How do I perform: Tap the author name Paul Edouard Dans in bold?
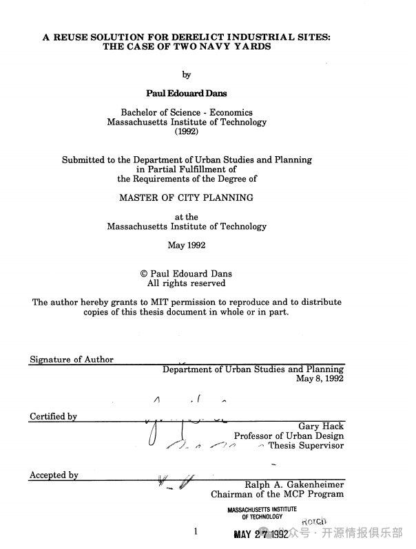(186, 93)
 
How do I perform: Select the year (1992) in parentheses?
(186, 132)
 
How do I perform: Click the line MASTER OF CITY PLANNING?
(186, 197)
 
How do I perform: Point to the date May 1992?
(186, 245)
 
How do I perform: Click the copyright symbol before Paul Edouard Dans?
(144, 274)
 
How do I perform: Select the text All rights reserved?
(186, 283)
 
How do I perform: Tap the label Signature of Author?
(72, 359)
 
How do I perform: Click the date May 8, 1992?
(320, 379)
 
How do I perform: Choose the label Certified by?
(53, 417)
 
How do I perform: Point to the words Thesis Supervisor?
(306, 446)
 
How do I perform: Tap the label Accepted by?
(54, 475)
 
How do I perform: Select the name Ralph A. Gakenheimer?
(294, 484)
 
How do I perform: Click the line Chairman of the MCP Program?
(277, 494)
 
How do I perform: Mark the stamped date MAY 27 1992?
(261, 535)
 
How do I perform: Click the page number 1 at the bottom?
(196, 532)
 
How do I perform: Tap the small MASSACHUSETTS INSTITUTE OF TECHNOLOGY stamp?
(262, 513)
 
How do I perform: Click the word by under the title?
(186, 75)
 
